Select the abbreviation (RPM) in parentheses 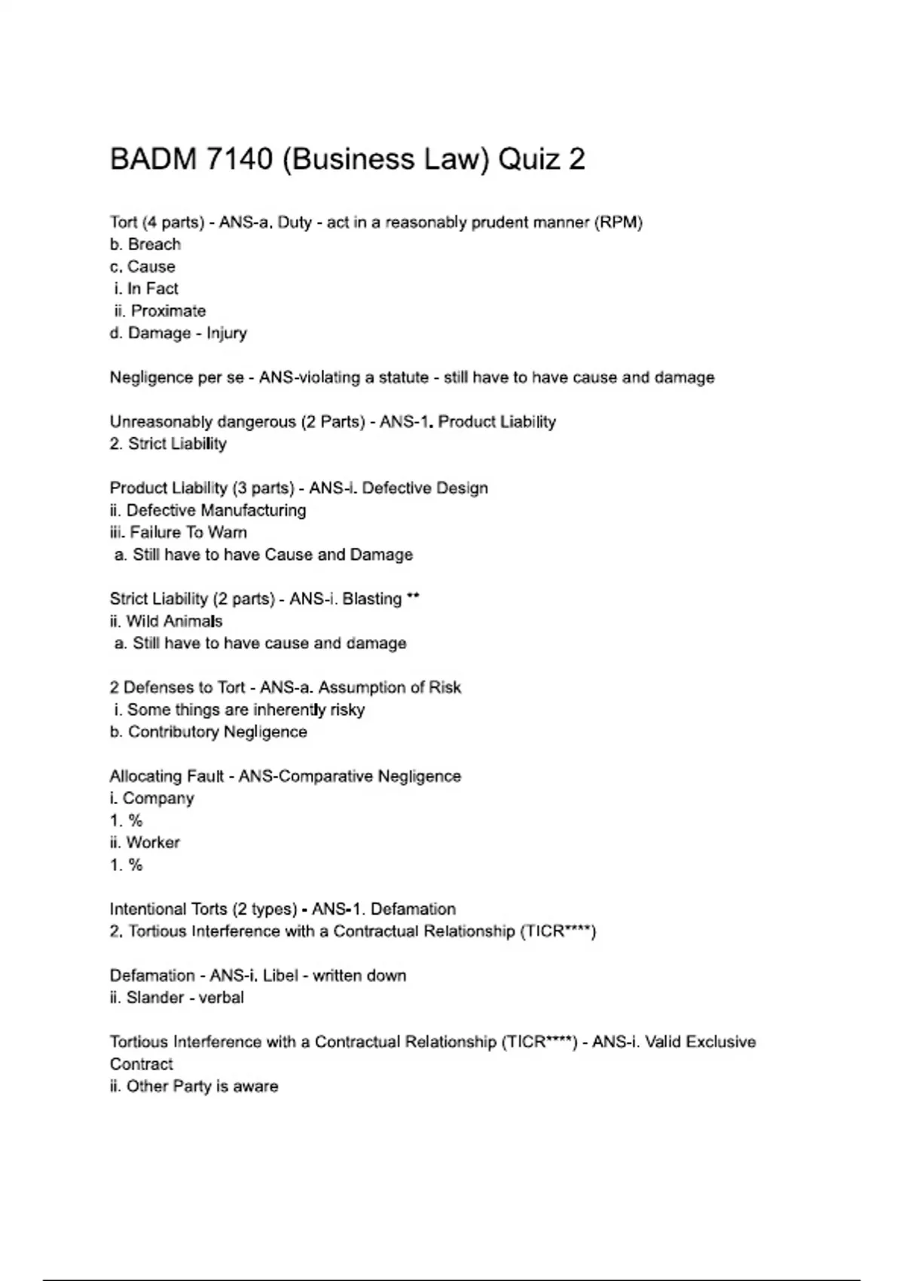coord(618,222)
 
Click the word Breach coord(154,244)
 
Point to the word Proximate coord(168,310)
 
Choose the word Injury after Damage coord(227,333)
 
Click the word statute coord(401,378)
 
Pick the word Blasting coord(372,599)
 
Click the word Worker coord(153,842)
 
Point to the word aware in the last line coord(258,1087)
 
